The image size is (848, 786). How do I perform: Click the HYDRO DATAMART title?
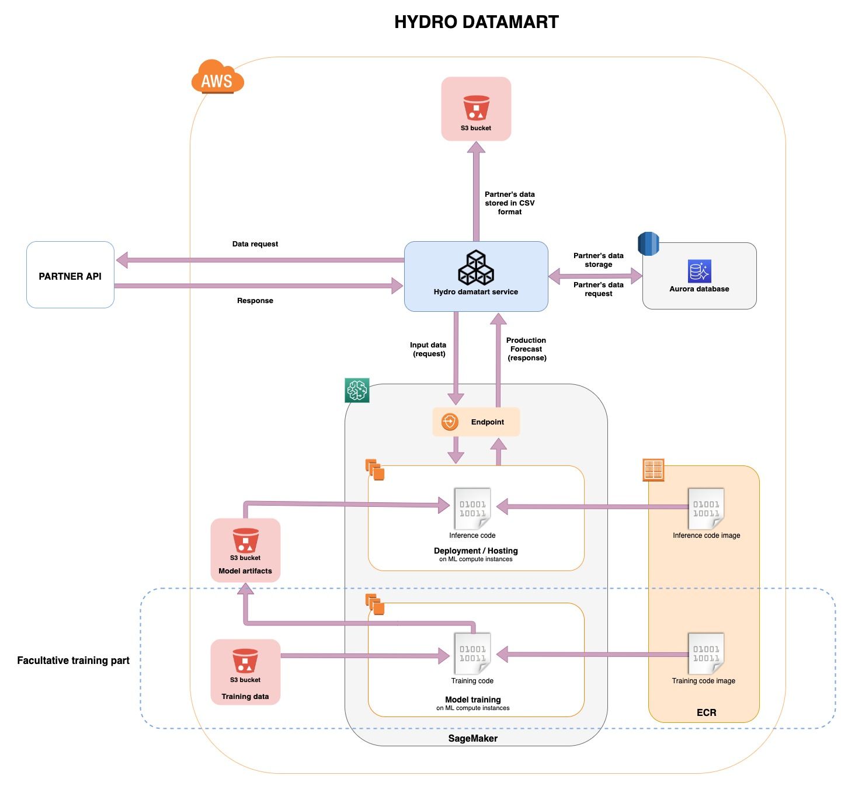click(x=476, y=22)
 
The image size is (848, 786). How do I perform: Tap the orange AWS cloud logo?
click(x=217, y=77)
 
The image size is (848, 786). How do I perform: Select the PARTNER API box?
click(x=70, y=275)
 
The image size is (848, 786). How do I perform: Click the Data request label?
click(x=255, y=244)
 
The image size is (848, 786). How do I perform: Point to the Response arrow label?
click(x=255, y=301)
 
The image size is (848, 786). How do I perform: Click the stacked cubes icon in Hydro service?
click(x=476, y=268)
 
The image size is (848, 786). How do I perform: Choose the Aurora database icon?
click(x=699, y=272)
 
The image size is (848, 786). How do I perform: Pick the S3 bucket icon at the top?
click(x=476, y=108)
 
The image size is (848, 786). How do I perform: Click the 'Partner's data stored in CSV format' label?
click(x=509, y=203)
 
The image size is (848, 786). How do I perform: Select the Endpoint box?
click(x=476, y=422)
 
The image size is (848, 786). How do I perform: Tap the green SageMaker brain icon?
click(x=357, y=390)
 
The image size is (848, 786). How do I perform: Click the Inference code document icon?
click(x=472, y=508)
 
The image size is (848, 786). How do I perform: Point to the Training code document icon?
click(x=472, y=653)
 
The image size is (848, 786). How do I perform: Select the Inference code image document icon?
click(x=706, y=508)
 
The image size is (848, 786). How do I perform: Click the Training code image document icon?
click(x=706, y=653)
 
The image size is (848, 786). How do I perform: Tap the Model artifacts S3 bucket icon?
click(x=245, y=541)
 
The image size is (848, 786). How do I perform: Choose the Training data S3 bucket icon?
click(x=245, y=662)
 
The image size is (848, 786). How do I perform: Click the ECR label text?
click(x=706, y=712)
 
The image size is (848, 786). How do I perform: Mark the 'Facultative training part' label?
click(x=73, y=660)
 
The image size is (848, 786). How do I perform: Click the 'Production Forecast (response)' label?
click(x=526, y=349)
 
